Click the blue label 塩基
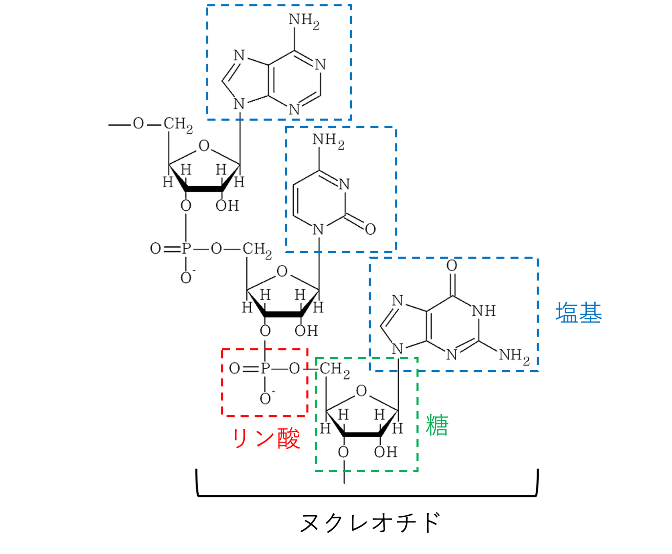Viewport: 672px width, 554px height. pyautogui.click(x=578, y=313)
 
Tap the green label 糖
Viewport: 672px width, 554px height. pyautogui.click(x=437, y=425)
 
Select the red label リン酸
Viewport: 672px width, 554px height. pyautogui.click(x=266, y=438)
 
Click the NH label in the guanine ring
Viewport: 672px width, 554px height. pyautogui.click(x=484, y=311)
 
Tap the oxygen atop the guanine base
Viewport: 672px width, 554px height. pyautogui.click(x=452, y=265)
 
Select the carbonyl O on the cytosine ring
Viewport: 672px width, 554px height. pyautogui.click(x=370, y=229)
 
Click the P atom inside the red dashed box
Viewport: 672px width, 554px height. pyautogui.click(x=265, y=369)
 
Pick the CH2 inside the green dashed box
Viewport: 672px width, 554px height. pyautogui.click(x=334, y=370)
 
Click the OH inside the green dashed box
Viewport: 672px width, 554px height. pyautogui.click(x=386, y=452)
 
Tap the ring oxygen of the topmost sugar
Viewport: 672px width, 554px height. pyautogui.click(x=204, y=146)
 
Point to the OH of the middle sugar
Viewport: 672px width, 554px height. pyautogui.click(x=306, y=331)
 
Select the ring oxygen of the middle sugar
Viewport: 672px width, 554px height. pyautogui.click(x=282, y=271)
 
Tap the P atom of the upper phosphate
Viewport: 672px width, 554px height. pyautogui.click(x=186, y=249)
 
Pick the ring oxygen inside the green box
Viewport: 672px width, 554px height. pyautogui.click(x=361, y=391)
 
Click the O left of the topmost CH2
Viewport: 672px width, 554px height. pyautogui.click(x=138, y=124)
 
